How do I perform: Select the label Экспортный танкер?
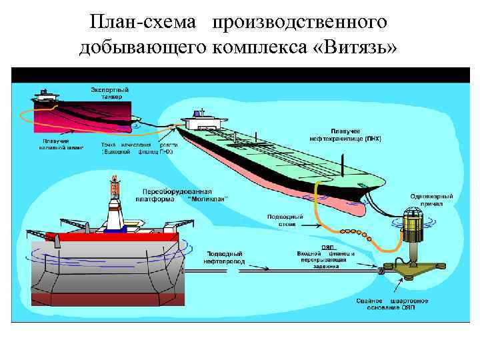pyautogui.click(x=110, y=93)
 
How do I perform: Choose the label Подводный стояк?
pyautogui.click(x=285, y=219)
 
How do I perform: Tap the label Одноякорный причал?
pyautogui.click(x=432, y=201)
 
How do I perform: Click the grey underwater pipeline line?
pyautogui.click(x=300, y=269)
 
